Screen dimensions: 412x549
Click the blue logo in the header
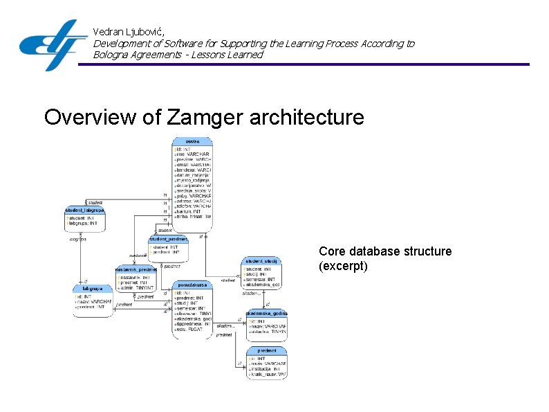[x=53, y=44]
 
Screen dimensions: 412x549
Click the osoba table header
[x=192, y=142]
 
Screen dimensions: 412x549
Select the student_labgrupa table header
[x=84, y=209]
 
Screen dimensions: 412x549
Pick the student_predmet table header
[x=168, y=239]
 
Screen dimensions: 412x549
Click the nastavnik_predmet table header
[x=136, y=269]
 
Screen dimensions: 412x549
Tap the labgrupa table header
[x=92, y=288]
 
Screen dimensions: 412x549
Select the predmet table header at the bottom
[x=266, y=350]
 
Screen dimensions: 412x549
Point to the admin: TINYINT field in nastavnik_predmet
[x=136, y=287]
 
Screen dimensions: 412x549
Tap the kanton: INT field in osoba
[x=190, y=211]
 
